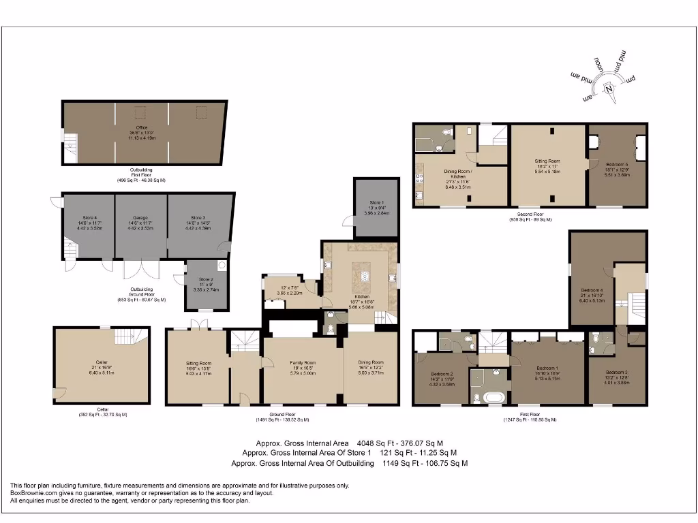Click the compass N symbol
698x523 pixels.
pos(609,88)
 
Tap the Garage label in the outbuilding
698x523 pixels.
pos(140,218)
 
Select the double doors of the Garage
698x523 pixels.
pos(140,268)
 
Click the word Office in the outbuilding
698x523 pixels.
pos(142,127)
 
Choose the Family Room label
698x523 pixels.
pos(303,363)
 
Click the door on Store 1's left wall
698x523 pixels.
pos(348,219)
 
